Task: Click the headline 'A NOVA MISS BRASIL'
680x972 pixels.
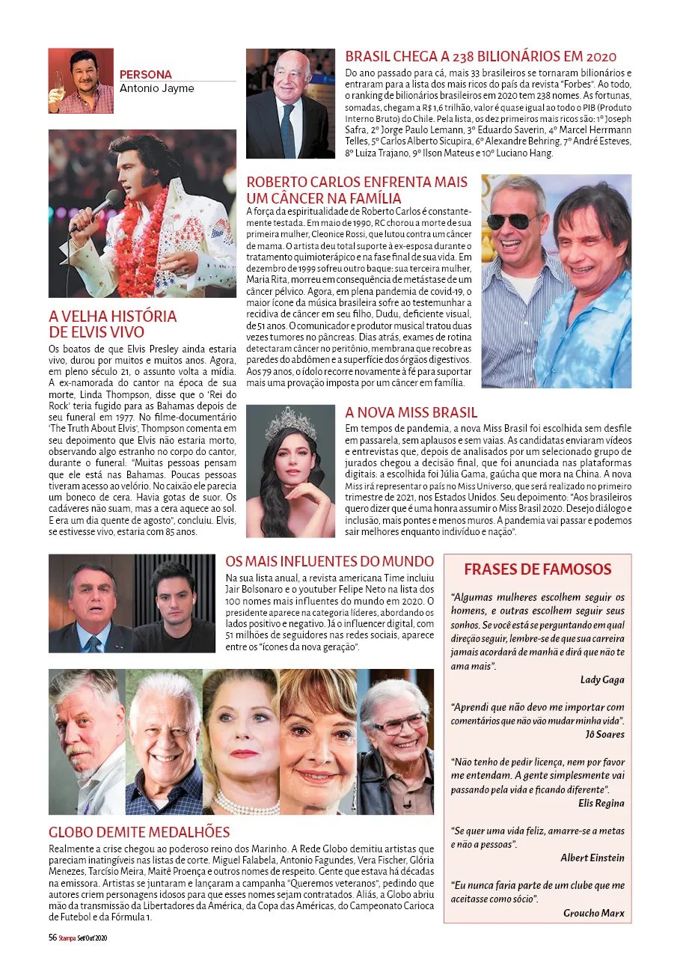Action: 411,412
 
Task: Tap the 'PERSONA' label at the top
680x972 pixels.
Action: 146,75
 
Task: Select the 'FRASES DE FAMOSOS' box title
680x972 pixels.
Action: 537,569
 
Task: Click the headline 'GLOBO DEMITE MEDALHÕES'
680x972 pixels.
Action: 139,832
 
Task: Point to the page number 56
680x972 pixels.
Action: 53,938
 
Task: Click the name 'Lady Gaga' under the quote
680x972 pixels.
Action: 601,679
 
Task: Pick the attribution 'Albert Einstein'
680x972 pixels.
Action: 592,858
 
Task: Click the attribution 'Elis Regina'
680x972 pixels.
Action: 601,803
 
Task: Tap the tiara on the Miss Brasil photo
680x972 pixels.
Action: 290,422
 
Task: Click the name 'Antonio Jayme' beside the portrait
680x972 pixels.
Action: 157,88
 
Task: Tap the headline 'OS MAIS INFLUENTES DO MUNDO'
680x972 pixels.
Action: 329,562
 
